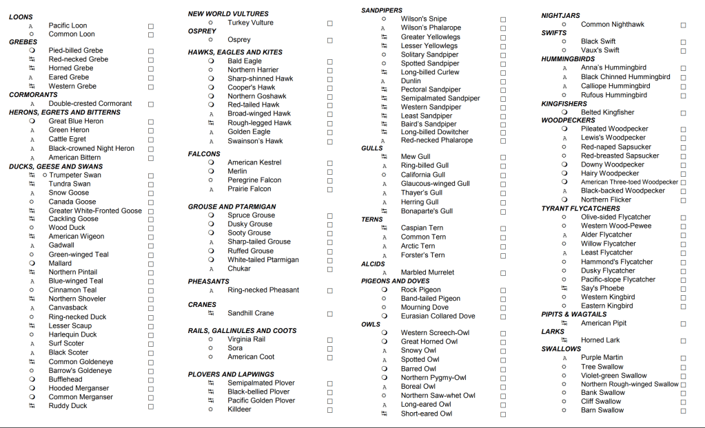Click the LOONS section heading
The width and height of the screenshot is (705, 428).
point(21,17)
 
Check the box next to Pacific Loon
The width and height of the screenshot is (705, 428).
point(151,26)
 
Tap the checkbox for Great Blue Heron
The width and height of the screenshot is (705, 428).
point(151,122)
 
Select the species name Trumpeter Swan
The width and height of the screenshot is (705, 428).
point(75,175)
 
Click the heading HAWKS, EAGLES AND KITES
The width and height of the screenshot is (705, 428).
point(235,52)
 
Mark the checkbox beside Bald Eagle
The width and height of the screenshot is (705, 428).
point(330,61)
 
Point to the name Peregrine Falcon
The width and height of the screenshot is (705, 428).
point(254,180)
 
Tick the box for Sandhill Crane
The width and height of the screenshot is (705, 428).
point(330,313)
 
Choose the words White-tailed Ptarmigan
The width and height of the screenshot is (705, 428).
point(263,260)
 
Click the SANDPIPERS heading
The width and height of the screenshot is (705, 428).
point(382,10)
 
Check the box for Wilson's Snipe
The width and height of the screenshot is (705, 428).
point(503,19)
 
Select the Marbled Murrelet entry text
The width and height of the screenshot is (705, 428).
point(427,272)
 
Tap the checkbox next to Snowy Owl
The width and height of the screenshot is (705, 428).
point(503,351)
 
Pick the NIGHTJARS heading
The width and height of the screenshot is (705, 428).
point(560,15)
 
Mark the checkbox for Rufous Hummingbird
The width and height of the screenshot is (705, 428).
point(683,96)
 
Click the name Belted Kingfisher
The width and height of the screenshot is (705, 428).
point(607,112)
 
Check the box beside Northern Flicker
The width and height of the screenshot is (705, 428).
point(683,200)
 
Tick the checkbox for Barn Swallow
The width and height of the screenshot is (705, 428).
point(683,411)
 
